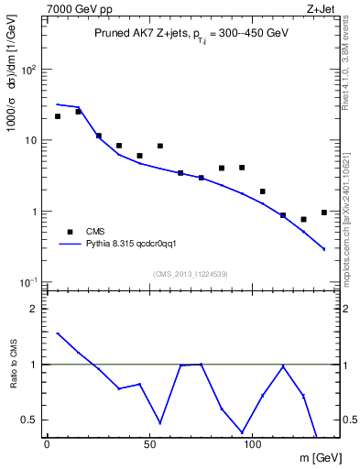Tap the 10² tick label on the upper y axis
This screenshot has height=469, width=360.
[x=27, y=70]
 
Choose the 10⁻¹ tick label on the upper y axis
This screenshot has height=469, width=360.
[x=27, y=282]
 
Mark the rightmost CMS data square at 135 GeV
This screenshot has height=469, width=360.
[x=324, y=213]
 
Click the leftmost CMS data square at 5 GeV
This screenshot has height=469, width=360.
[x=58, y=116]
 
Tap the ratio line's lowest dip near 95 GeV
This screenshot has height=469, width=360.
[x=242, y=431]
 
